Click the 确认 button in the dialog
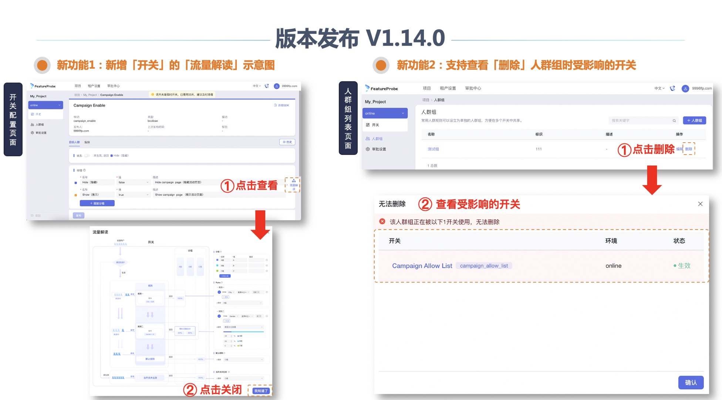coord(691,383)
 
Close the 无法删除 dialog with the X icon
coord(700,204)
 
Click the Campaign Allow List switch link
coord(422,266)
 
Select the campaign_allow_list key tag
coord(484,266)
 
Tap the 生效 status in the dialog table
coord(684,266)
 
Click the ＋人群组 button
coord(694,120)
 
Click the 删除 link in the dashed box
coord(689,149)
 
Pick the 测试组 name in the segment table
coord(433,149)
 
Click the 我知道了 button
coord(261,391)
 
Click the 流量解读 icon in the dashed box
coord(294,184)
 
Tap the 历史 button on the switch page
coord(287,142)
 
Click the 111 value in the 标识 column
coord(539,149)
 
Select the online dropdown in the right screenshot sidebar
coord(385,113)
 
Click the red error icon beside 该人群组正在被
coord(382,221)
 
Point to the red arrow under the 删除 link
coord(652,180)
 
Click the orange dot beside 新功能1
coord(42,65)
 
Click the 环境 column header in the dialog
coord(611,241)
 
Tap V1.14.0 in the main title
coord(405,39)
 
